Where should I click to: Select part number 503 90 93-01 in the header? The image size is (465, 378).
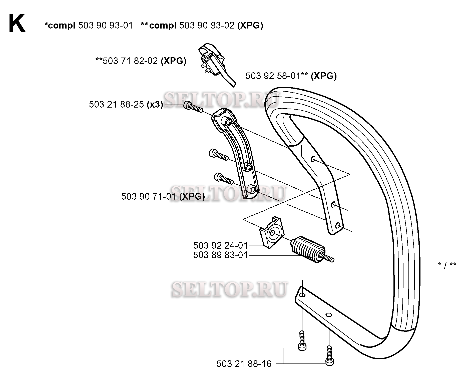(x=105, y=26)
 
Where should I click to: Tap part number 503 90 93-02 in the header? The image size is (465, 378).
(x=207, y=26)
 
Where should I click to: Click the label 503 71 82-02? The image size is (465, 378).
(x=130, y=61)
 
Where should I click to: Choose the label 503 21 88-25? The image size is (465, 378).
(x=116, y=104)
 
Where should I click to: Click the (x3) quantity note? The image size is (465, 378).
(x=155, y=104)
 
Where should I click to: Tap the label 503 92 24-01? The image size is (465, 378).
(x=220, y=245)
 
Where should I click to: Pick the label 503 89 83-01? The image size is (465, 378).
(x=220, y=255)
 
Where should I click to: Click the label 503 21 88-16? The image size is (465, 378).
(x=244, y=363)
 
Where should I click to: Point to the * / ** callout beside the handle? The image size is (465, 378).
(x=447, y=265)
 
